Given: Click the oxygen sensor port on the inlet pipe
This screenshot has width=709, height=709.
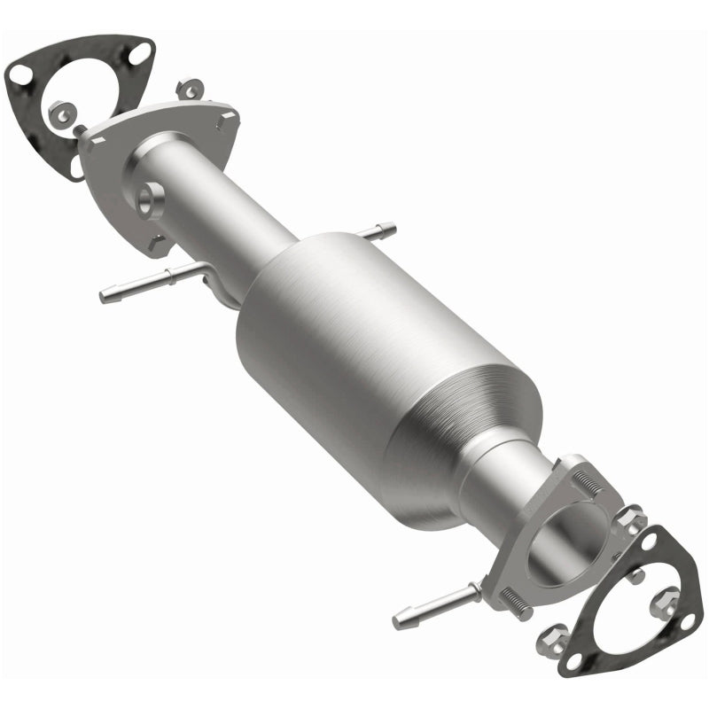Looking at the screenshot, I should tap(149, 197).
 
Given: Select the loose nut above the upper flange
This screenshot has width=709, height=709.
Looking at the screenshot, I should tap(189, 90).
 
